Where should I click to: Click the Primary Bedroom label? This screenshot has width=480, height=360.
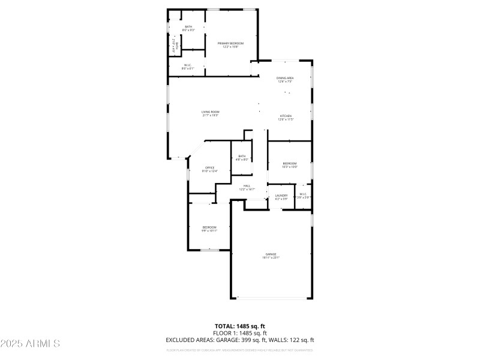pyautogui.click(x=230, y=43)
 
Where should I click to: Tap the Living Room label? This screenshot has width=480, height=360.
pyautogui.click(x=210, y=112)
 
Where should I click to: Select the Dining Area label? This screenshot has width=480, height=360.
pyautogui.click(x=284, y=78)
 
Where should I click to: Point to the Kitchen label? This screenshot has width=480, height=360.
pyautogui.click(x=285, y=115)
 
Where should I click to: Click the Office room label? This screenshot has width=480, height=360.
pyautogui.click(x=210, y=167)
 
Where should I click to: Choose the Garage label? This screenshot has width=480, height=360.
pyautogui.click(x=271, y=254)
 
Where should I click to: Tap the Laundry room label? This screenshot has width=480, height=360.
pyautogui.click(x=281, y=195)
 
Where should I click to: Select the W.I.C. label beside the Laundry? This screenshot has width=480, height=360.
pyautogui.click(x=303, y=194)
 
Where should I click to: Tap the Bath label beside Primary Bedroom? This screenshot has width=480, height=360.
pyautogui.click(x=188, y=26)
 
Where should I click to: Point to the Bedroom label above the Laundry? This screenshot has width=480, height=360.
pyautogui.click(x=290, y=163)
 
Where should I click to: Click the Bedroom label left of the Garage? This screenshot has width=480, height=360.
pyautogui.click(x=209, y=227)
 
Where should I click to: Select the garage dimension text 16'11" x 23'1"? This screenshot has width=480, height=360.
pyautogui.click(x=271, y=257)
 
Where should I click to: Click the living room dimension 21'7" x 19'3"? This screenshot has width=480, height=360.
pyautogui.click(x=210, y=116)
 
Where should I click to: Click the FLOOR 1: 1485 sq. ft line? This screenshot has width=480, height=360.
pyautogui.click(x=239, y=333)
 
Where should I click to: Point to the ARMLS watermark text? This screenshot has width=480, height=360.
pyautogui.click(x=30, y=344)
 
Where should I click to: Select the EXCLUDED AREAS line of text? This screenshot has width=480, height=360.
pyautogui.click(x=239, y=340)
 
